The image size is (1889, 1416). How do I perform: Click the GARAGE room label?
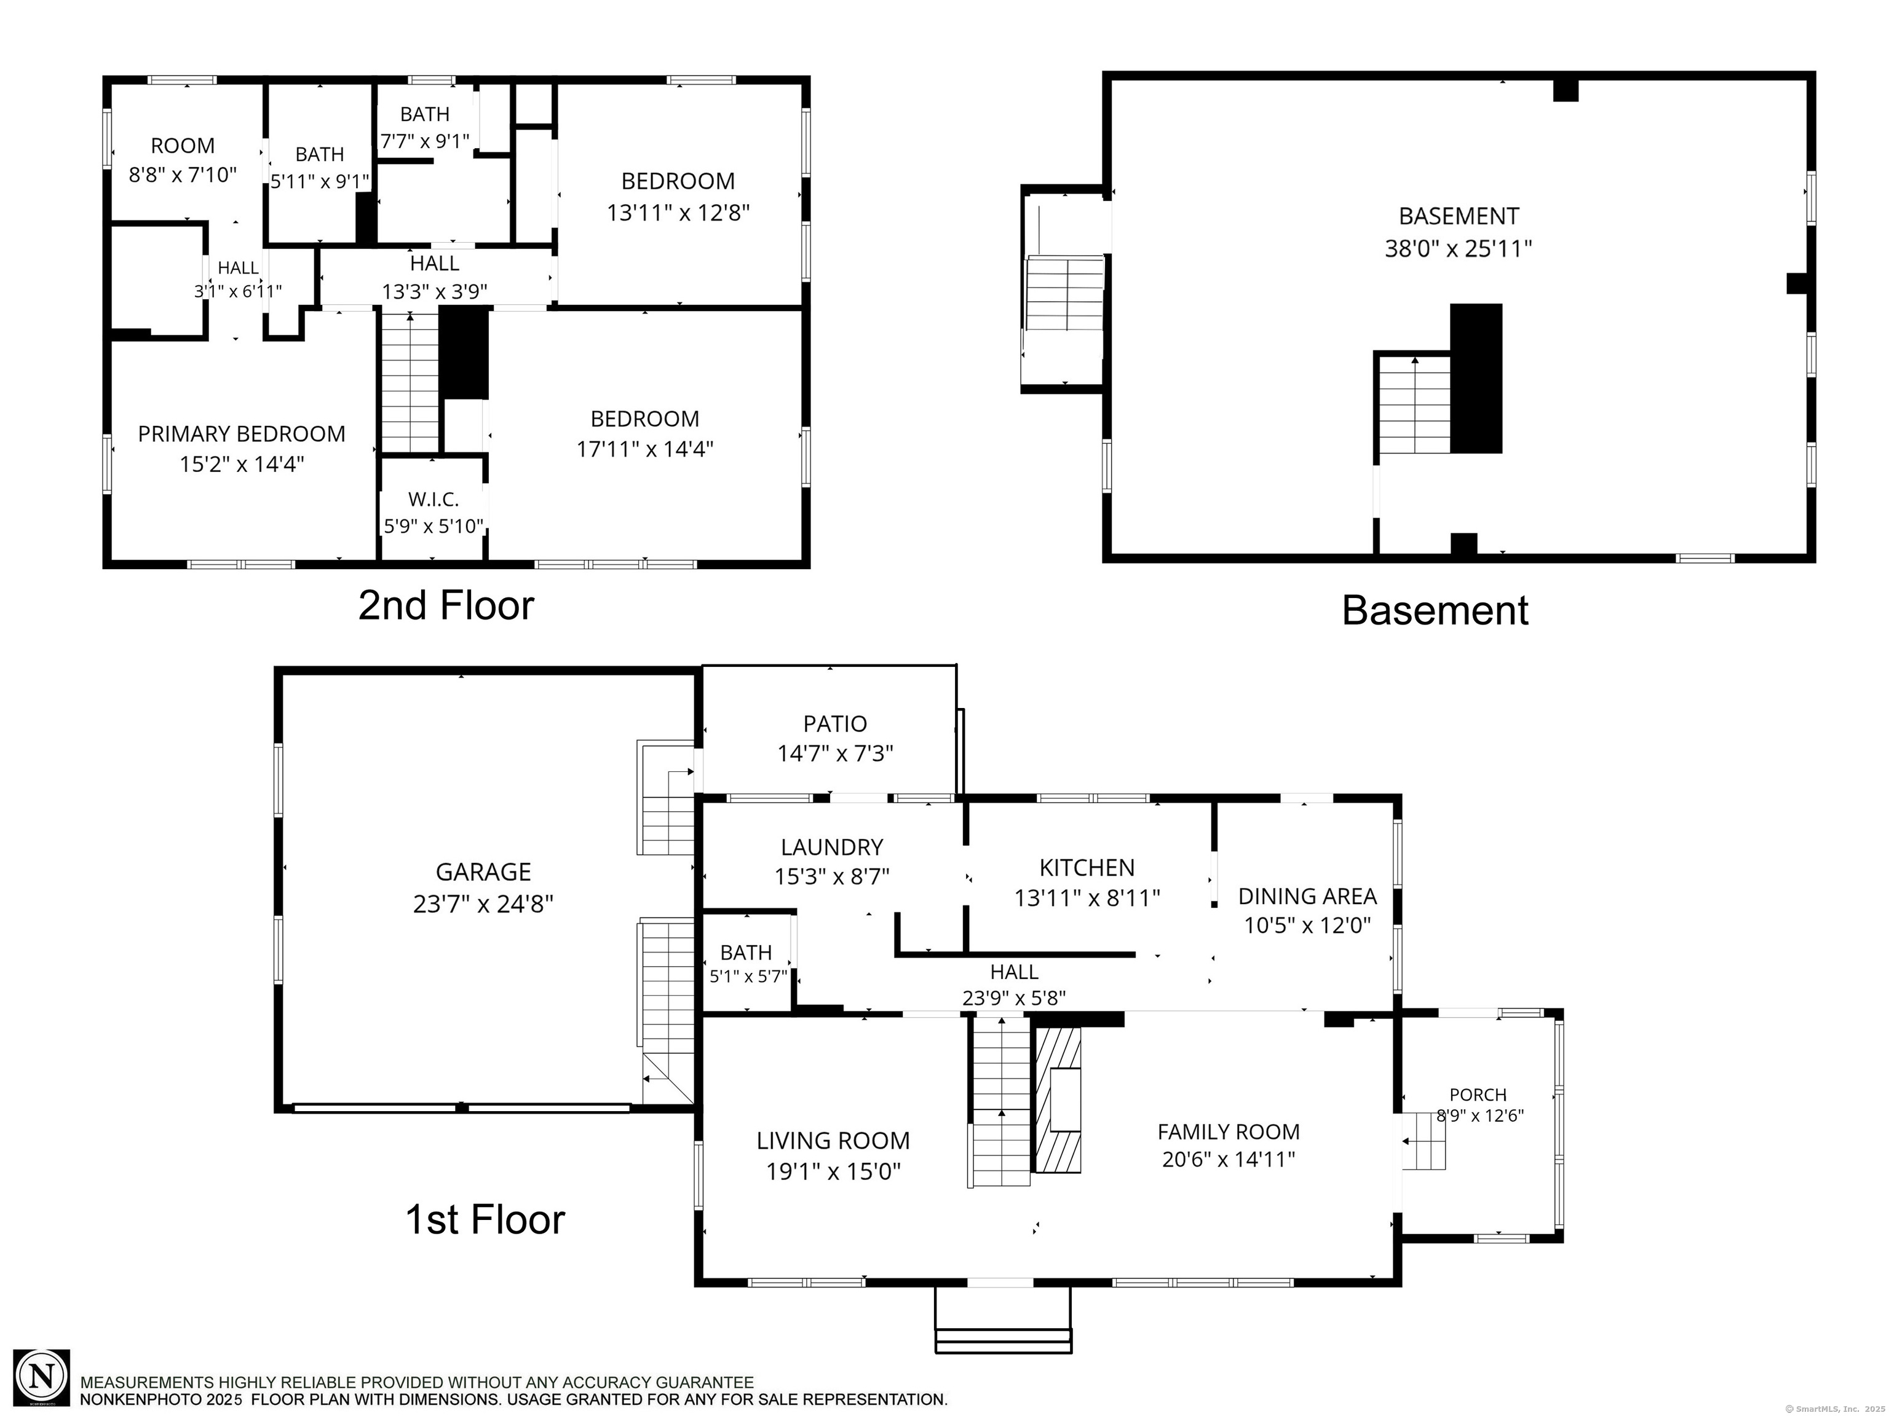tap(483, 871)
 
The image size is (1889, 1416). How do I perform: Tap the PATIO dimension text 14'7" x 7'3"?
tap(835, 753)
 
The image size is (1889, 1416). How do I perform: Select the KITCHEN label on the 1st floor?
tap(1087, 868)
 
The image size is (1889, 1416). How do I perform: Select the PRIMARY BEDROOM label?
tap(242, 434)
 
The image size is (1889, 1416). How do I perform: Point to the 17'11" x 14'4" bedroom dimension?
tap(645, 449)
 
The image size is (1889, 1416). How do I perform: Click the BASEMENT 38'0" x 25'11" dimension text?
tap(1459, 248)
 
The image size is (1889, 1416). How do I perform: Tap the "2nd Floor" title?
tap(446, 605)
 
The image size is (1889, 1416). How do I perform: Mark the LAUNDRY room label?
tap(832, 847)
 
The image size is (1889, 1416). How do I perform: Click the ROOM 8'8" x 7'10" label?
tap(183, 160)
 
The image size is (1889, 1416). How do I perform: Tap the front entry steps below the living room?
tap(1004, 1320)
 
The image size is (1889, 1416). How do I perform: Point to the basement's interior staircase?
tap(1414, 404)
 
